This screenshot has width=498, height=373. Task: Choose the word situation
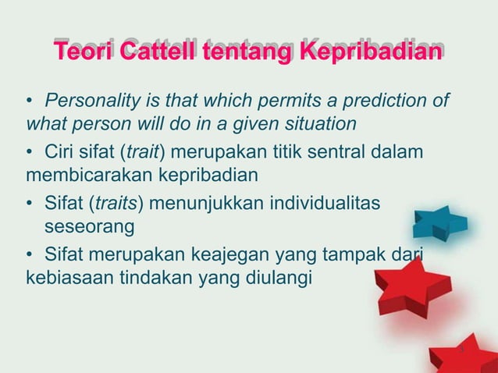(317, 123)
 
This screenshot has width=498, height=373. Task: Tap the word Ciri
(60, 150)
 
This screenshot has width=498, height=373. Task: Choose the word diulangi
(277, 276)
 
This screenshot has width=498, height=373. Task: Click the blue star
(441, 223)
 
